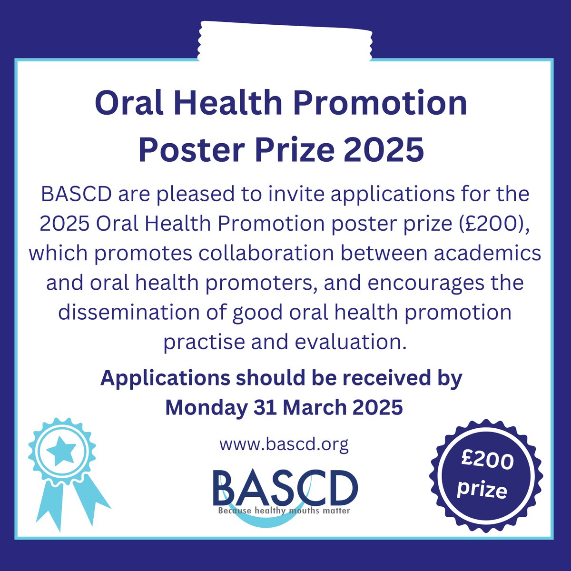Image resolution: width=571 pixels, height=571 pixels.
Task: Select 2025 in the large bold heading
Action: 384,149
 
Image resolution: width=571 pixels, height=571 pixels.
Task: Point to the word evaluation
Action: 351,342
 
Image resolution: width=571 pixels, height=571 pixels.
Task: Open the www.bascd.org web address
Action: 284,445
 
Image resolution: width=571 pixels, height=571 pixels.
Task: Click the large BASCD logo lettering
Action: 285,489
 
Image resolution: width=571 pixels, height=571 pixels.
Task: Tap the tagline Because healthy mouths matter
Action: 284,511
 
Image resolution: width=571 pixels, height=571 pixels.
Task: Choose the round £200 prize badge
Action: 486,476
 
